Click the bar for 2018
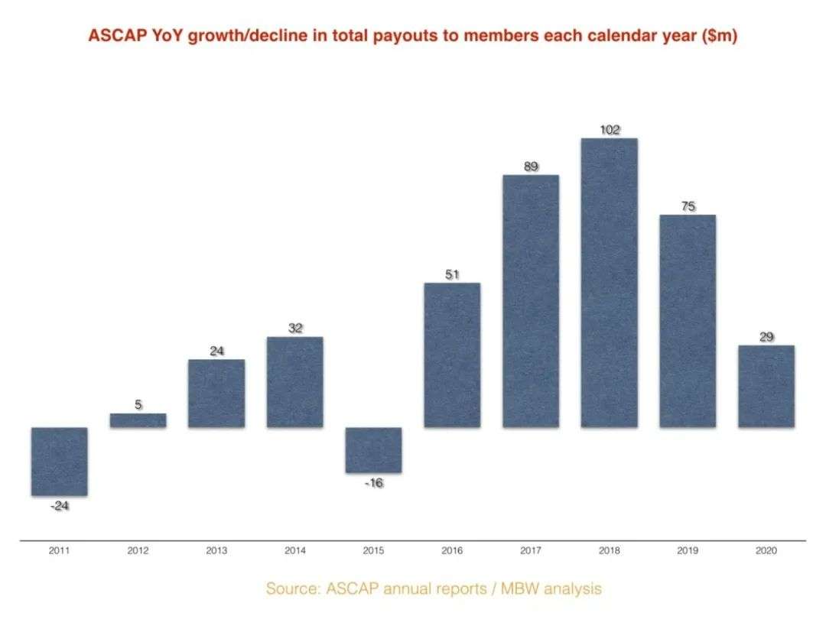[x=609, y=283]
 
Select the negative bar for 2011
[x=60, y=461]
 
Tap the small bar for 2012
[x=138, y=420]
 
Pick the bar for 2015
[x=373, y=449]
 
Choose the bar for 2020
[x=766, y=386]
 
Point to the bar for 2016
[x=452, y=355]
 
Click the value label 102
[x=609, y=130]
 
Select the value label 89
[x=531, y=167]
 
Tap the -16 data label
[x=373, y=483]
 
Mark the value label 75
[x=688, y=206]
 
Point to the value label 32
[x=295, y=329]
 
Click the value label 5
[x=138, y=405]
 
